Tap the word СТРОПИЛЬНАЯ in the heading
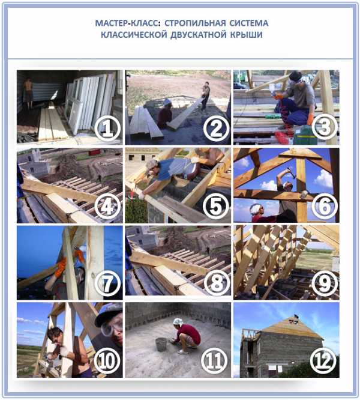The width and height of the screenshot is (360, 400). (195, 23)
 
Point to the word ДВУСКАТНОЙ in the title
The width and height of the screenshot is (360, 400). (198, 34)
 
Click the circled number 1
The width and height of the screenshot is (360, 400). (107, 129)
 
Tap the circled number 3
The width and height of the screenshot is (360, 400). (325, 127)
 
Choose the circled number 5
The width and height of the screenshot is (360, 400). (216, 206)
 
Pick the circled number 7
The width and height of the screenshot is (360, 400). (107, 283)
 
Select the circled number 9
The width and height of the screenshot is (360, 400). (325, 283)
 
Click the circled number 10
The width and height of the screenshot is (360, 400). (107, 361)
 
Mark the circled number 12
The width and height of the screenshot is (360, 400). (323, 361)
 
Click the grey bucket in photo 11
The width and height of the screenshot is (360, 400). (161, 344)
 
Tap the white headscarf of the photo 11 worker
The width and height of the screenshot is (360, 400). (179, 322)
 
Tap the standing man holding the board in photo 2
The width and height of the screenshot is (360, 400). (206, 95)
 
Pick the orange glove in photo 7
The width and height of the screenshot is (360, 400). (61, 267)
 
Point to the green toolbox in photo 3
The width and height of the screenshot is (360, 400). (304, 135)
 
